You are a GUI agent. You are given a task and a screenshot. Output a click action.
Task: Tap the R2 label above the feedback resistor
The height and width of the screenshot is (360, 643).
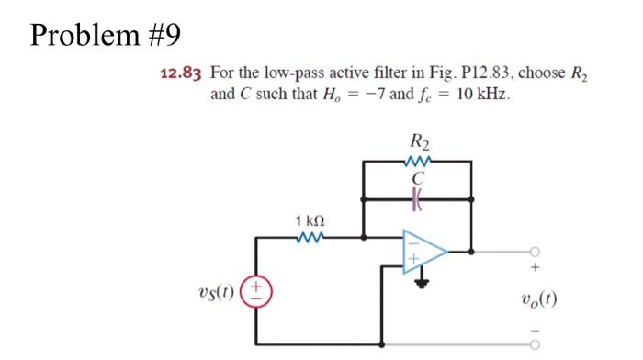[x=423, y=143]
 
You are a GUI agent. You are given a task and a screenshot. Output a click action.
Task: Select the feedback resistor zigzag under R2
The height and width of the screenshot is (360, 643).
[x=423, y=162]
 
